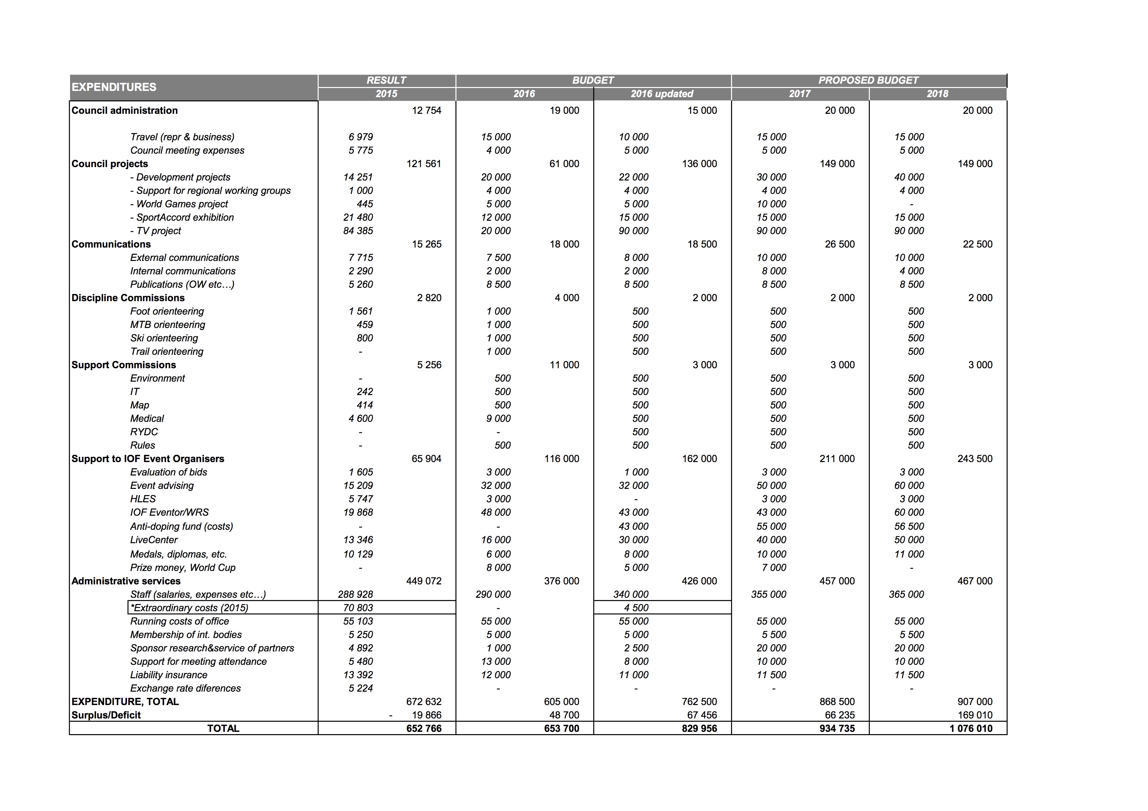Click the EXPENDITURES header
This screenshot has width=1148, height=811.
pyautogui.click(x=114, y=87)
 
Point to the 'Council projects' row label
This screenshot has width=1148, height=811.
pyautogui.click(x=110, y=164)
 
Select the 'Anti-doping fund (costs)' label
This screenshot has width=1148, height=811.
pyautogui.click(x=182, y=526)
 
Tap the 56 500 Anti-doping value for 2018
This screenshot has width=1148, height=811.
pyautogui.click(x=909, y=526)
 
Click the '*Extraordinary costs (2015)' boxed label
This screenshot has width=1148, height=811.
pyautogui.click(x=189, y=608)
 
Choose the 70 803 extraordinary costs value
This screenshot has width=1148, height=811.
pyautogui.click(x=358, y=608)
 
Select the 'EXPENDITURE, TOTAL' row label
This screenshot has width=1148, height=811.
pyautogui.click(x=125, y=701)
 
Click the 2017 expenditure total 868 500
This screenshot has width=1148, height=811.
pyautogui.click(x=837, y=701)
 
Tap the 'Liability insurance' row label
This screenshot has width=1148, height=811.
pyautogui.click(x=169, y=675)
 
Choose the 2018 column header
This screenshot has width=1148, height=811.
pyautogui.click(x=937, y=94)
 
